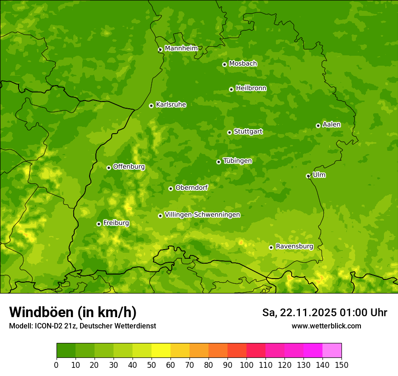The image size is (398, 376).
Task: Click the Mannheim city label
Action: (181, 48)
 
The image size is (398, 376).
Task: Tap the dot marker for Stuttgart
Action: (229, 132)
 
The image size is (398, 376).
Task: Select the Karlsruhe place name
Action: (171, 105)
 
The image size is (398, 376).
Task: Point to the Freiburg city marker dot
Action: (99, 224)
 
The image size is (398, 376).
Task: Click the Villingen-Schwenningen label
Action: (202, 215)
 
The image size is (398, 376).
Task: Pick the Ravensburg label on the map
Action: (294, 246)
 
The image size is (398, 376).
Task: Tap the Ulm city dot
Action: (308, 176)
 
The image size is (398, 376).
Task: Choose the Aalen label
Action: (332, 125)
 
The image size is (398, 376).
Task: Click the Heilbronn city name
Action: (251, 88)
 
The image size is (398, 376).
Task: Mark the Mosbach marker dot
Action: (224, 64)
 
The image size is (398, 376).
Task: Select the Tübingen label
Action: (237, 161)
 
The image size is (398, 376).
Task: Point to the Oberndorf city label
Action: (191, 188)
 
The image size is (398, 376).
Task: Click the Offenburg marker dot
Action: (109, 168)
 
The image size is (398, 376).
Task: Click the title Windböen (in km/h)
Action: (72, 312)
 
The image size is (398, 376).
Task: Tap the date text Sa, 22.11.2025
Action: (299, 313)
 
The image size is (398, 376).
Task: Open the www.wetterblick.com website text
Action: (326, 326)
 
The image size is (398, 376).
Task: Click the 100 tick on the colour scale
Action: (246, 365)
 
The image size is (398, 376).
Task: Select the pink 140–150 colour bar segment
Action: (332, 351)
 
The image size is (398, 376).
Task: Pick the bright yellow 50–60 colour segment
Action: (161, 351)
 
